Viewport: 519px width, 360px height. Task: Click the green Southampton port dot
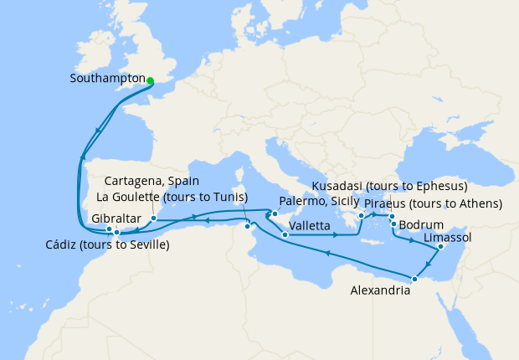[x=151, y=81]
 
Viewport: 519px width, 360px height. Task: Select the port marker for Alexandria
[x=414, y=278]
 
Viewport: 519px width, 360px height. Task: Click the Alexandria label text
[x=380, y=291]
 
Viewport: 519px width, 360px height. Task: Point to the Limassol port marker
[x=439, y=247]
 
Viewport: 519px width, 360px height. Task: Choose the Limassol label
[x=449, y=239]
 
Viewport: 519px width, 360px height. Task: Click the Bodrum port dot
[x=393, y=224]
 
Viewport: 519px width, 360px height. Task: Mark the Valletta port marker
[x=285, y=235]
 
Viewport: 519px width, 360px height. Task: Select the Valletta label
[x=309, y=225]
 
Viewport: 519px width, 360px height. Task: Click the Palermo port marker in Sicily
[x=275, y=213]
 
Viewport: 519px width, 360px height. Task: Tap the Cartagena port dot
[x=154, y=219]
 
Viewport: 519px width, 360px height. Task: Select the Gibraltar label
[x=112, y=218]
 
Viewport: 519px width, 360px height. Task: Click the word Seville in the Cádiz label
[x=146, y=245]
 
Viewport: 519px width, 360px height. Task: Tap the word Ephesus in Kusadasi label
[x=435, y=186]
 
